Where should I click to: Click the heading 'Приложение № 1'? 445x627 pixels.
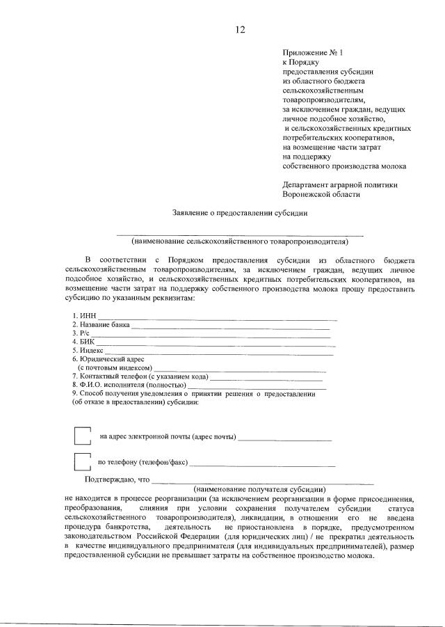tap(309, 53)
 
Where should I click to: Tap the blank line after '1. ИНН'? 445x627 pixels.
tap(216, 318)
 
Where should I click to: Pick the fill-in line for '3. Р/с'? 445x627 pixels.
tap(209, 335)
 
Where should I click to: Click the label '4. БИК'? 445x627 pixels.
tap(83, 342)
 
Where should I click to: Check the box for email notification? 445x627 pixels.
tap(82, 436)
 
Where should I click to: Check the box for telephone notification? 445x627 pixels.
tap(82, 461)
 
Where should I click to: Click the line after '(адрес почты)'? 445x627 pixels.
tap(284, 439)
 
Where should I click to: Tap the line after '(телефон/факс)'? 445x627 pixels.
tap(262, 464)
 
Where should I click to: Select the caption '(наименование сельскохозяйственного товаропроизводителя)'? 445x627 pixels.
tap(239, 241)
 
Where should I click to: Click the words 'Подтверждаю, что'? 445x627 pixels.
tap(117, 479)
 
